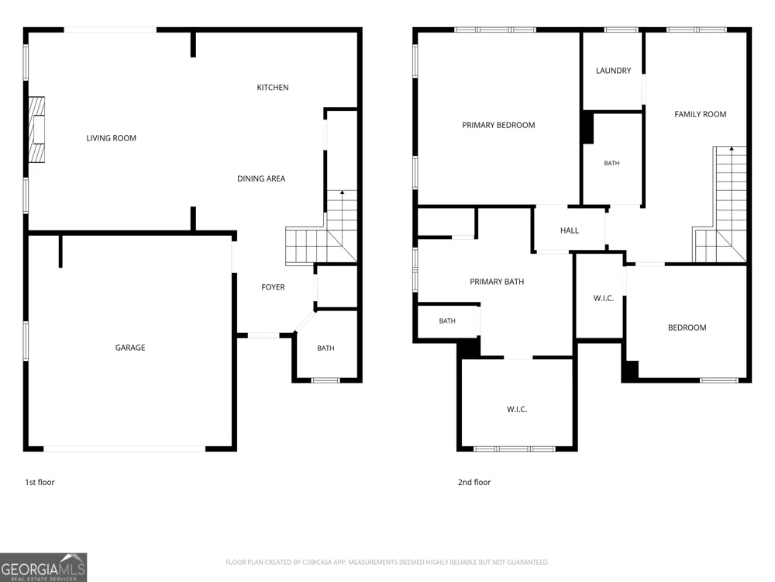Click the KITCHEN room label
272,88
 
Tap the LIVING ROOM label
111,138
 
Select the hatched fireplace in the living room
36,130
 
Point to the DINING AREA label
261,178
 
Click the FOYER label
273,287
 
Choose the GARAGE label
130,348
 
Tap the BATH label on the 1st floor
325,348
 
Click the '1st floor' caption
40,482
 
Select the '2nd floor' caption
474,482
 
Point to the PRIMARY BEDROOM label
498,125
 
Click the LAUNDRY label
613,71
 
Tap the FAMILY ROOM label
701,114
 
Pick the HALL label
570,230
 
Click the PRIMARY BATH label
497,282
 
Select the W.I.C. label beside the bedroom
604,299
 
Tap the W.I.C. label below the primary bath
517,409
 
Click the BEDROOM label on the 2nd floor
687,327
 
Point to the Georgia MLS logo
43,567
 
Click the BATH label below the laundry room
611,163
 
